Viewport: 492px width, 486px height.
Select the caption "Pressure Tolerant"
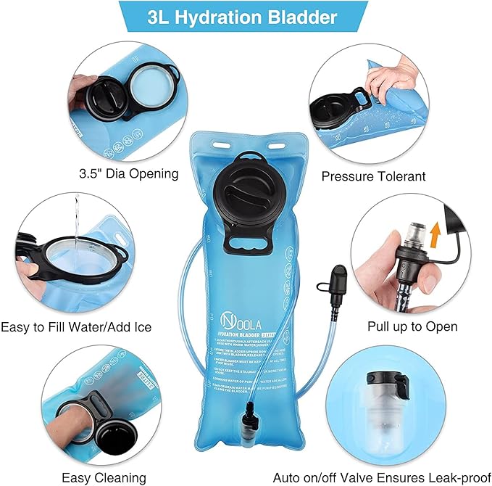click(373, 176)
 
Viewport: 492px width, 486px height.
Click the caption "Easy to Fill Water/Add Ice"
click(77, 327)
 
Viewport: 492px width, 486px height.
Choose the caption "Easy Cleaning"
click(104, 477)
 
